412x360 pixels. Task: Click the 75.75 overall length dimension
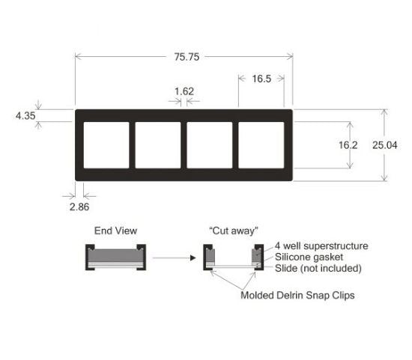(187, 57)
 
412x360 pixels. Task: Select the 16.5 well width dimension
(261, 79)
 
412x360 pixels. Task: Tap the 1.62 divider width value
(184, 91)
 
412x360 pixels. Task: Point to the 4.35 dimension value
(25, 115)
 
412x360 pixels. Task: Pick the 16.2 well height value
(348, 145)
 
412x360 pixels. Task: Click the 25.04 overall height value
(385, 145)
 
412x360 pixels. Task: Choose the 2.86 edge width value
(79, 207)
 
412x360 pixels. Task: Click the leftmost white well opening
(106, 145)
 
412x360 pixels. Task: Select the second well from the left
(158, 145)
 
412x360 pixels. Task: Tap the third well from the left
(210, 145)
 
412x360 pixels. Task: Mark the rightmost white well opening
(261, 145)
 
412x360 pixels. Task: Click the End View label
(115, 231)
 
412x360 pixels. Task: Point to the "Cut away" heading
(234, 231)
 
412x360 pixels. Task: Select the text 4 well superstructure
(321, 245)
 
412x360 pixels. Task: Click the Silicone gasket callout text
(309, 257)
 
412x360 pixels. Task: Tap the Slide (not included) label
(318, 268)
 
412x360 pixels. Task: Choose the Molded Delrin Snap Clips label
(297, 295)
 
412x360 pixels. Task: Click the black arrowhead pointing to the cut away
(193, 258)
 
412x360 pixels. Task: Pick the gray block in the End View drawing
(115, 255)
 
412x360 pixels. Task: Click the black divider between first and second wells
(132, 145)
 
